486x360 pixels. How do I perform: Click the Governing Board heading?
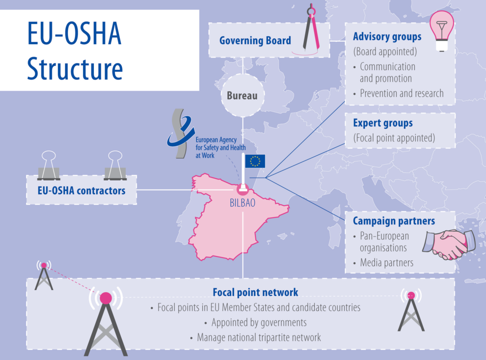255,40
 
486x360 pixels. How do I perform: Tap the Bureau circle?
243,95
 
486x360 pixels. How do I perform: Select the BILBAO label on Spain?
243,203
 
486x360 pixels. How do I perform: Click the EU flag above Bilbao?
255,161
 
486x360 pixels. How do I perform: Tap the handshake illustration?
449,244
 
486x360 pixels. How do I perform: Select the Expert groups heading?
383,123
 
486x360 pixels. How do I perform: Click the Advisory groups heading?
387,37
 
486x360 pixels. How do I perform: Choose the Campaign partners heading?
394,221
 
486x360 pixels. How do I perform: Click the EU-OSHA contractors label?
82,191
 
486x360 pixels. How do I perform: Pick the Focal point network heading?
255,293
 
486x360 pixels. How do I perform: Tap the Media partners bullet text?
386,263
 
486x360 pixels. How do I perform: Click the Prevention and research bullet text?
402,94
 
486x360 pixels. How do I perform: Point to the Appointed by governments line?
259,322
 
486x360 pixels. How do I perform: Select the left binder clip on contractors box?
49,166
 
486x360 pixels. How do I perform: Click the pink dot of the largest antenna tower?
106,298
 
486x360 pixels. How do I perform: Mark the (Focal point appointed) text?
394,138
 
